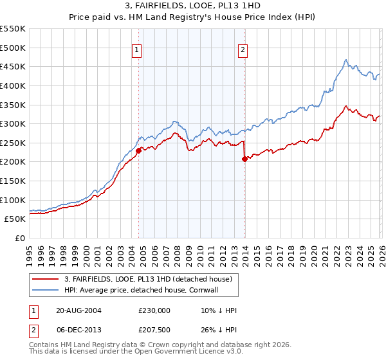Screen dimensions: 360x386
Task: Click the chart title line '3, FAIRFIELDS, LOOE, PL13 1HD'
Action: coord(193,6)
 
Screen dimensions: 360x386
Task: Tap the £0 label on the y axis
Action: coord(20,238)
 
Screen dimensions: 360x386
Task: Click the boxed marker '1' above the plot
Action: coord(138,51)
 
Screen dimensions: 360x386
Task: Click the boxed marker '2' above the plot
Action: coord(243,51)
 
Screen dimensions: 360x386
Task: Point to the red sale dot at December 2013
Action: coord(244,159)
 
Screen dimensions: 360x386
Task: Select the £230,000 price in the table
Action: coord(154,310)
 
